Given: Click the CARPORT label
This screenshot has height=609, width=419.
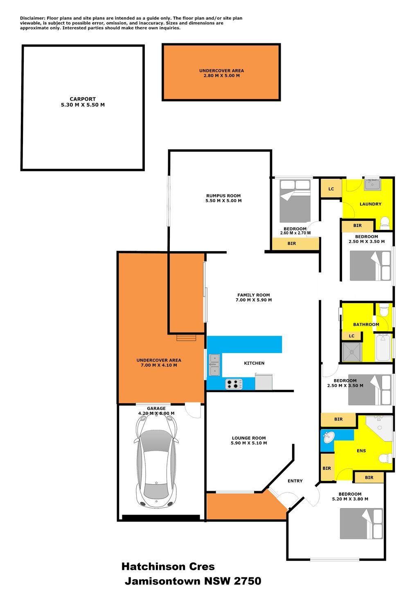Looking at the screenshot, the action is [x=83, y=99].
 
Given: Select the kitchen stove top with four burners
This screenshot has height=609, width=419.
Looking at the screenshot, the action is [x=234, y=384].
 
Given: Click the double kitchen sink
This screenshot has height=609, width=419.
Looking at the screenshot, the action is [x=215, y=365].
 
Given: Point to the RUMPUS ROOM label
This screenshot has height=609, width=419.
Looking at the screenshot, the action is [x=223, y=196].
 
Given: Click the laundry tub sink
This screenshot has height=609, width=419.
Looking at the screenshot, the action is [x=372, y=184].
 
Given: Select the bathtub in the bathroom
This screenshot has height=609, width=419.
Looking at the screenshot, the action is [x=383, y=347].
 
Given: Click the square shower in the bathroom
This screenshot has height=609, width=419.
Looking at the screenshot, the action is [x=352, y=352].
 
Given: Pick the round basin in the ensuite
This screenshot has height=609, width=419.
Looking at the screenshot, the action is [x=329, y=438].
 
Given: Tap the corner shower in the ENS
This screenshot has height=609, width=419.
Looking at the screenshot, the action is [x=380, y=428].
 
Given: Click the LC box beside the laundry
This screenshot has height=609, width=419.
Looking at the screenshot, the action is [x=331, y=189].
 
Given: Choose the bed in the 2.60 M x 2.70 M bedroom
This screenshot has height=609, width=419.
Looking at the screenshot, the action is [x=295, y=201].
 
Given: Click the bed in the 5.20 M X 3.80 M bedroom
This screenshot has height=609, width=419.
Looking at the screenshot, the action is [x=361, y=524].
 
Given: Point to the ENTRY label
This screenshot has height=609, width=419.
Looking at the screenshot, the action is [x=295, y=481].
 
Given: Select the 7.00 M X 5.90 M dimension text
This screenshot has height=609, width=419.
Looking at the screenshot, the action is [x=254, y=300].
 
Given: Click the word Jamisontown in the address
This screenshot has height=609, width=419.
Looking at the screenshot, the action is [x=163, y=581].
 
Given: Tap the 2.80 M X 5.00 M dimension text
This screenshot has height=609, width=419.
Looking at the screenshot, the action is [x=222, y=76].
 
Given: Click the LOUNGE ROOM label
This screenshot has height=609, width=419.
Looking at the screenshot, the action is [x=249, y=438].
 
